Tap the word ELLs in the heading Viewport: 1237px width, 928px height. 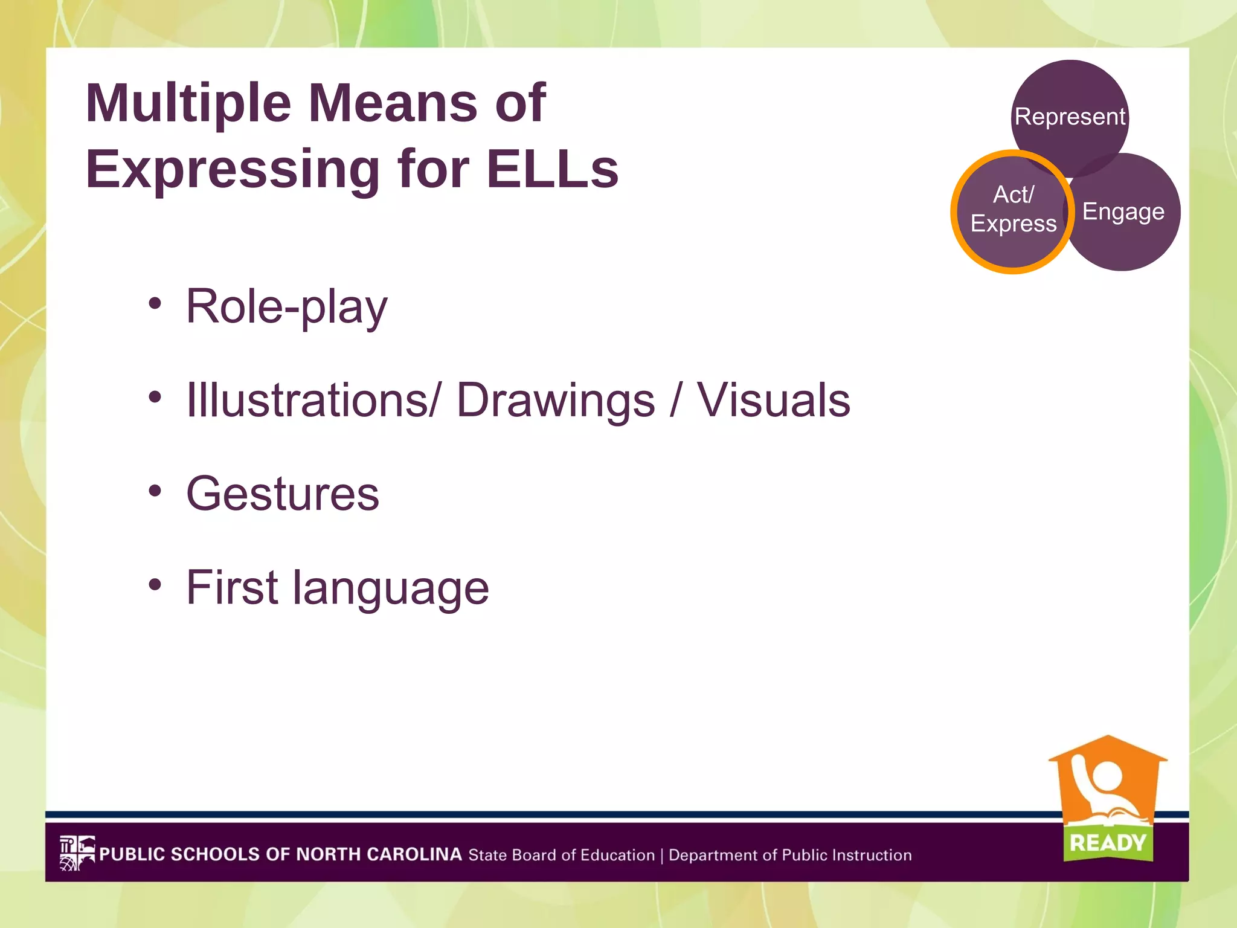(x=552, y=169)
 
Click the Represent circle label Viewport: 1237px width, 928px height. (x=1070, y=117)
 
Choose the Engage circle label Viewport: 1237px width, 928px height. (x=1123, y=211)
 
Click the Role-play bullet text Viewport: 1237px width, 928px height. (x=286, y=307)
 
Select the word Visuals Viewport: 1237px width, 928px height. (x=773, y=400)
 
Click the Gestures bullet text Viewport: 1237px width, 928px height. (x=282, y=494)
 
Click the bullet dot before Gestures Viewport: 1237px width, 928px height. (x=155, y=491)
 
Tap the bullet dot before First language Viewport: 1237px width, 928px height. (x=155, y=584)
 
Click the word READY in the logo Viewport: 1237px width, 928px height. (x=1107, y=842)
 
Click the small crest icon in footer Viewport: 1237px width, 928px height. (x=77, y=852)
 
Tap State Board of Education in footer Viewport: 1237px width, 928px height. (x=561, y=855)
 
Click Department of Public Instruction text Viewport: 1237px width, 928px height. (x=790, y=855)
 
